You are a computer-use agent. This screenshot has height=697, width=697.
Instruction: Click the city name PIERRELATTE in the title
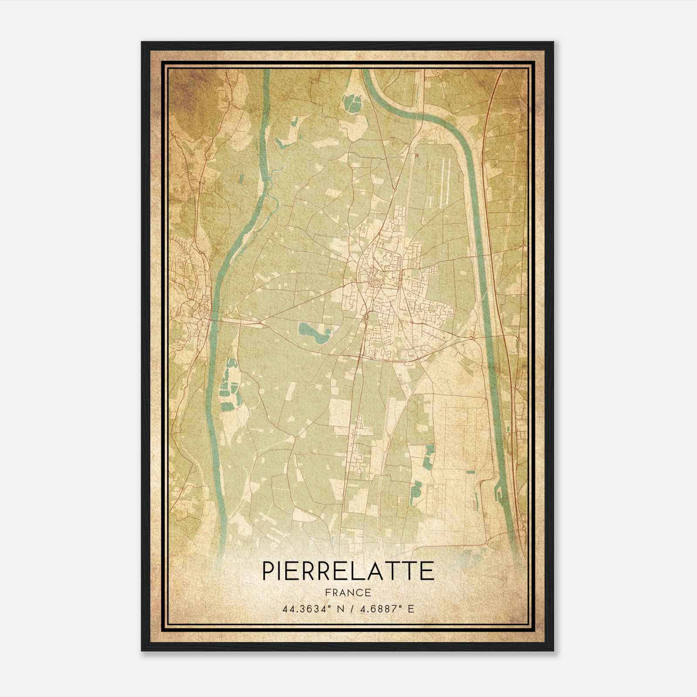[348, 571]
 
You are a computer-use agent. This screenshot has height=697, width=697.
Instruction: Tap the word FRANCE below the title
[348, 592]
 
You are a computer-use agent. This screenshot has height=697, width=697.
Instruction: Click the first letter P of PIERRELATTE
[268, 571]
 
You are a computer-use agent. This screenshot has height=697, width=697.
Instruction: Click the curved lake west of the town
[315, 333]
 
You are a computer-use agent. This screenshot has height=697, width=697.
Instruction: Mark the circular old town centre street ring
[374, 278]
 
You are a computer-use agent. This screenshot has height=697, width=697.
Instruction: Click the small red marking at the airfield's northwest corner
[417, 159]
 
